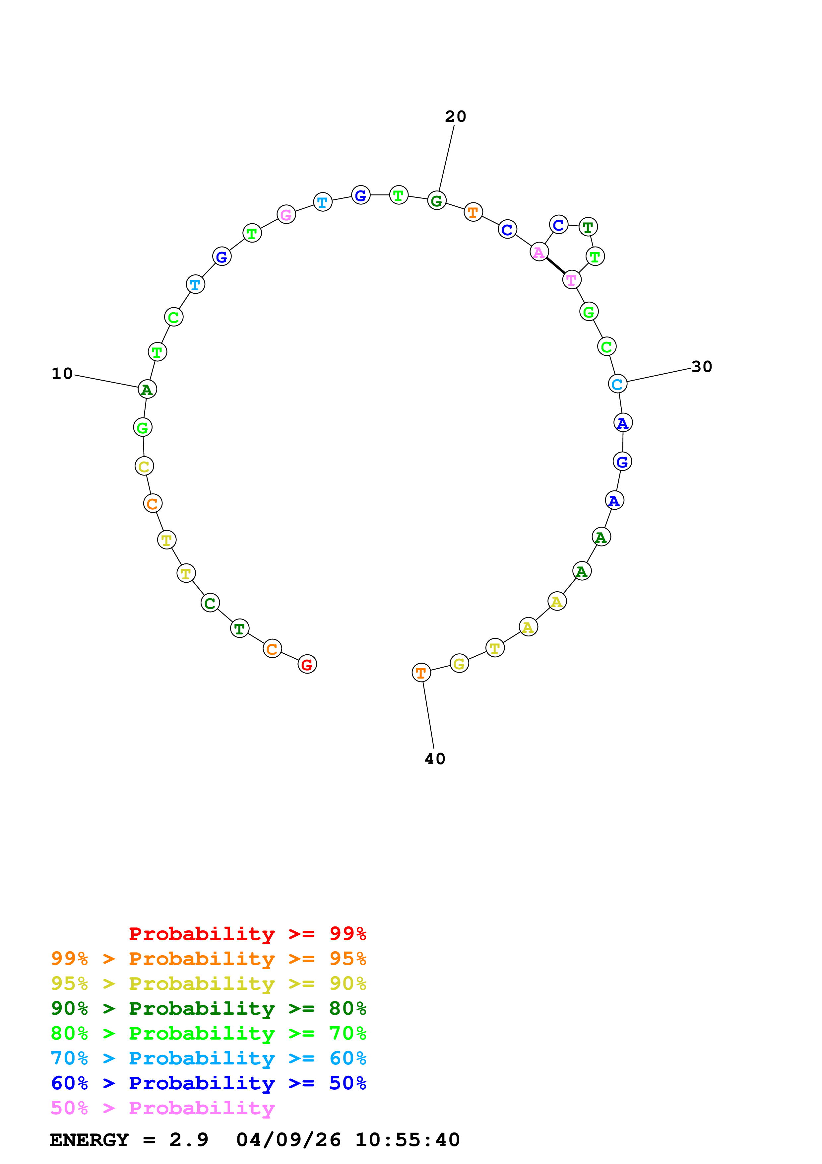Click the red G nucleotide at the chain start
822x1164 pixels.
pos(307,664)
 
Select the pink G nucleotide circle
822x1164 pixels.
pos(286,214)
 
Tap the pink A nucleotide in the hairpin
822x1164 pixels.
pos(539,252)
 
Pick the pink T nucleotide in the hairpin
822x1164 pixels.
pos(572,279)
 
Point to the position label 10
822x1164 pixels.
pos(62,374)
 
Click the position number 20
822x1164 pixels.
pos(455,116)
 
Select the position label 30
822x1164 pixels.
pos(701,367)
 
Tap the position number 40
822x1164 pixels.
pos(435,759)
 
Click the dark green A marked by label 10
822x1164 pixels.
pos(147,389)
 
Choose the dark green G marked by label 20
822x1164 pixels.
pos(437,201)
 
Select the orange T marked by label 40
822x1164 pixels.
pos(421,673)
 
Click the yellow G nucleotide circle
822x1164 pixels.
pos(459,664)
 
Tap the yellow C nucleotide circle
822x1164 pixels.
pos(144,467)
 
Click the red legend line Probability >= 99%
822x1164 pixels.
pos(247,934)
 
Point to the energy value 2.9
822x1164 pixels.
pos(188,1140)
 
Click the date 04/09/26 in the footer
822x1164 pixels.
pos(288,1140)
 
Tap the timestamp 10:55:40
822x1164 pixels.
pos(407,1140)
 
